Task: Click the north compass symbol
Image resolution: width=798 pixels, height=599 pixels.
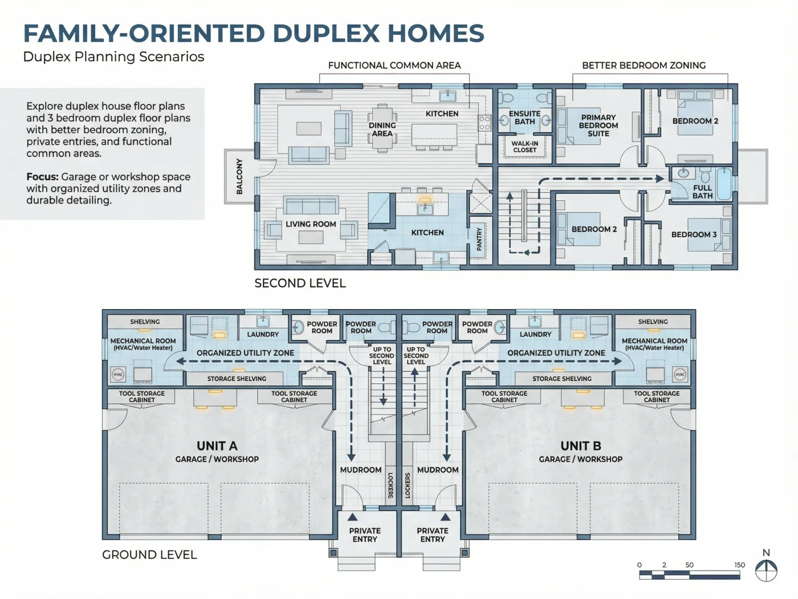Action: [766, 570]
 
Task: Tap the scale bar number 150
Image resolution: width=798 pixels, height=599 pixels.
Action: [739, 565]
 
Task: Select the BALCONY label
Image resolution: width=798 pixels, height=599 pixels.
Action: [239, 176]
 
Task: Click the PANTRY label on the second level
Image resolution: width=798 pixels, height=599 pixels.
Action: [479, 239]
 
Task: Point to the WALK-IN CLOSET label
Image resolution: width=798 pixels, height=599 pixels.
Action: [524, 147]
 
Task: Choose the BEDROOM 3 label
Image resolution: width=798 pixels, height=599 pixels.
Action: [694, 234]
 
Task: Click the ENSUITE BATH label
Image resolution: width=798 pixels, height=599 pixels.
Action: [524, 118]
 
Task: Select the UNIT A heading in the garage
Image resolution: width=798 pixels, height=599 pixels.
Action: [217, 446]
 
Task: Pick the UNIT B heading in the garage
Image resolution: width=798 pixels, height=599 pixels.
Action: [581, 446]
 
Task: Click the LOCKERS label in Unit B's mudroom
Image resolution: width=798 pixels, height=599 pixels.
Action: [408, 485]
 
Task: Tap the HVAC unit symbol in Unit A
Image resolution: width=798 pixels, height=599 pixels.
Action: [118, 374]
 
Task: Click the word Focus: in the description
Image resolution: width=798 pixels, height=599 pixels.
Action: [42, 177]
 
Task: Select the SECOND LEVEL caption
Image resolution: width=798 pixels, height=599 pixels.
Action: [300, 283]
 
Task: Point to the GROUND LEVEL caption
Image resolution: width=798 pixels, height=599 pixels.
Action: [149, 555]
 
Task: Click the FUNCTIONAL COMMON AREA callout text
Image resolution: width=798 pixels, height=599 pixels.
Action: [394, 66]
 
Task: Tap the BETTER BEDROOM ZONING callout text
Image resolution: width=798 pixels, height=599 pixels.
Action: [644, 66]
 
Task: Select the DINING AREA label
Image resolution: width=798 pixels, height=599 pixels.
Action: [382, 129]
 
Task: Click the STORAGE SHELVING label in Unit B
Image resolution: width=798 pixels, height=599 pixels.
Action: [562, 379]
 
